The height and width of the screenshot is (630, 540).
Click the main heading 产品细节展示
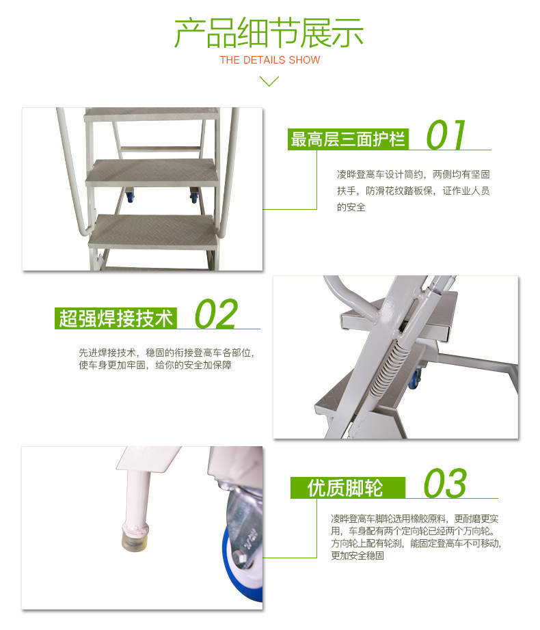(269, 33)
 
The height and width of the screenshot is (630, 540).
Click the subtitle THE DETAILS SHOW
(269, 60)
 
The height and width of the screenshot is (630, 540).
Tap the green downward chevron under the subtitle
(269, 81)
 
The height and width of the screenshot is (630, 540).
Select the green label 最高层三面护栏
(348, 139)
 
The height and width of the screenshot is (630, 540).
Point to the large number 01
(446, 135)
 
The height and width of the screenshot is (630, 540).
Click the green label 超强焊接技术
(116, 318)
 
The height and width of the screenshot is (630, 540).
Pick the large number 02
(216, 314)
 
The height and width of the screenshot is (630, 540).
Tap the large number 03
(445, 483)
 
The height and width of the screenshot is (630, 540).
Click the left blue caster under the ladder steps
(130, 195)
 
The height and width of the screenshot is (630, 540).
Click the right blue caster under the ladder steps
(194, 195)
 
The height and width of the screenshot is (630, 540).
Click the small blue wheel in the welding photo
(415, 378)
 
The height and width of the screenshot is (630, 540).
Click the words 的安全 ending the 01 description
(351, 207)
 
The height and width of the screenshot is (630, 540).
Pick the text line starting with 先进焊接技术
(167, 353)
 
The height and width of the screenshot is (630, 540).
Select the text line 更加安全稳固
(357, 556)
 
